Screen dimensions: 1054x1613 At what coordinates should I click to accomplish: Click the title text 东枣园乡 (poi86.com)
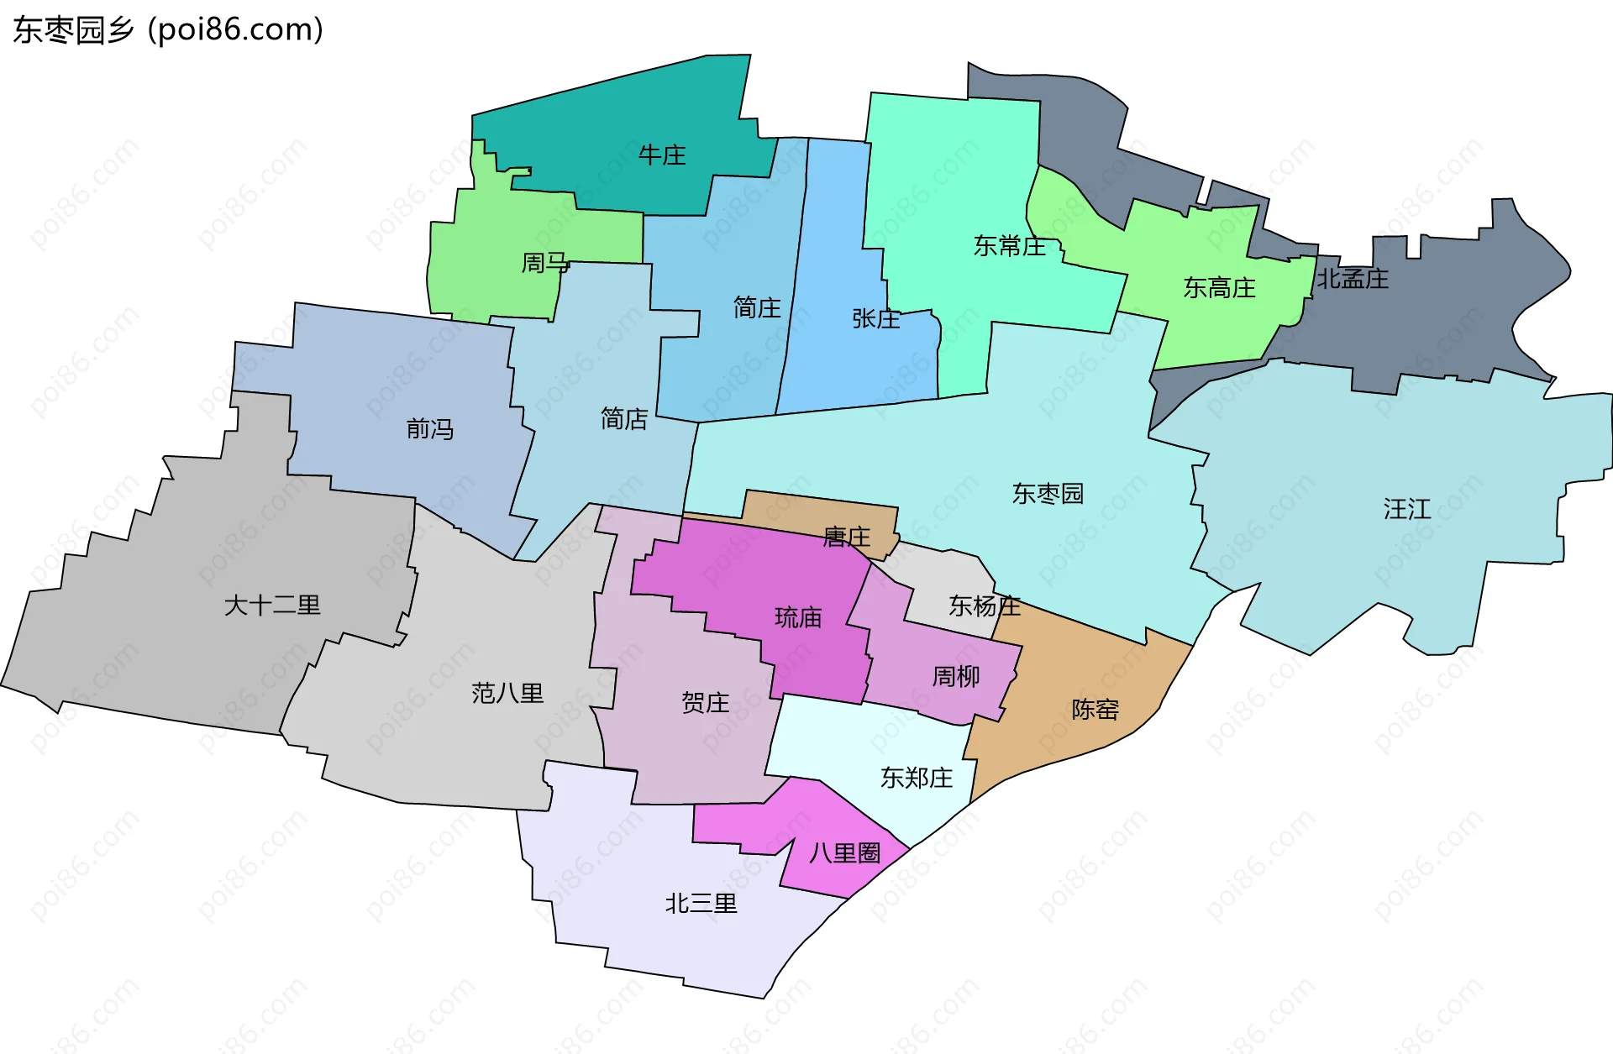pos(168,30)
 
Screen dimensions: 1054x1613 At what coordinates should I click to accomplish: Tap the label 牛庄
pos(662,155)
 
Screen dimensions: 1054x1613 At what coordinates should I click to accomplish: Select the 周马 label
pos(544,263)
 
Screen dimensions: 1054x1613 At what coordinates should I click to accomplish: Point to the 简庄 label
pos(757,307)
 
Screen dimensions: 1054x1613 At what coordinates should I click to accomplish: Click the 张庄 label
pos(875,318)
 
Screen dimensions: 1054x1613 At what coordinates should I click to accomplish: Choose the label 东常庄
pos(1009,246)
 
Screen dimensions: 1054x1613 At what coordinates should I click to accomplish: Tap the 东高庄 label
pos(1219,288)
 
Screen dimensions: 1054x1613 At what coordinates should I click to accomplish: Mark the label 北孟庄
pos(1352,279)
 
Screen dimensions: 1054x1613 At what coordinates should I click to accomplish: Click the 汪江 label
pos(1406,509)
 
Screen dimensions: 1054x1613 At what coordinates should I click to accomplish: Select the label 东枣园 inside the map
pos(1048,493)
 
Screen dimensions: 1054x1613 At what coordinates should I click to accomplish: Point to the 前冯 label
pos(430,429)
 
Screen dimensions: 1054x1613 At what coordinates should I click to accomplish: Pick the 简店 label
pos(624,418)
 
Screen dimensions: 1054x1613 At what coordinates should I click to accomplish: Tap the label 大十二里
pos(272,605)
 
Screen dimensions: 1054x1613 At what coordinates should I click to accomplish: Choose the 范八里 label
pos(507,693)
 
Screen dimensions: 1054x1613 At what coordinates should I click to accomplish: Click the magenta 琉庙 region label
pos(797,618)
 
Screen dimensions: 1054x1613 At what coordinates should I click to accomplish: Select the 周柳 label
pos(955,676)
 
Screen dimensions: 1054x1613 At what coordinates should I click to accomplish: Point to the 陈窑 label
pos(1095,710)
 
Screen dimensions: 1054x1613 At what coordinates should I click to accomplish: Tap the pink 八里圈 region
pos(843,853)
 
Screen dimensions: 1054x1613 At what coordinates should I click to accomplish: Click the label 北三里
pos(701,904)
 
